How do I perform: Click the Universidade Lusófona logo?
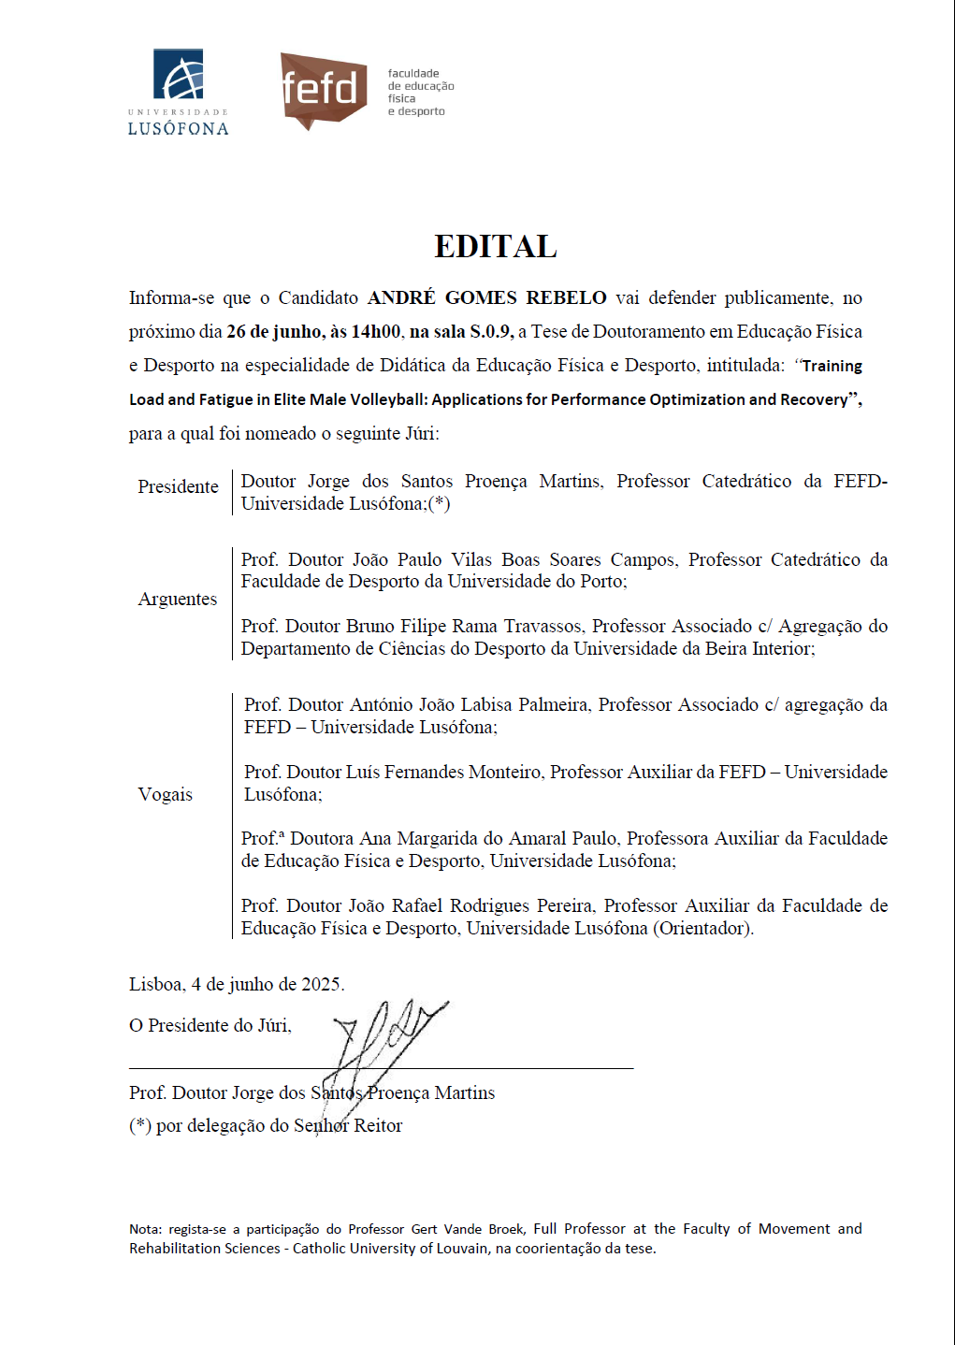(178, 93)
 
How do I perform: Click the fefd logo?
(324, 90)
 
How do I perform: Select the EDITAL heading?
(496, 247)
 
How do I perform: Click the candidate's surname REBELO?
(566, 298)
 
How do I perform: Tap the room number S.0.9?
(490, 332)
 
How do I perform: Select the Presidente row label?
(178, 487)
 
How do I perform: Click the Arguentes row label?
(178, 600)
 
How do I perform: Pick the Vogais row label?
(166, 795)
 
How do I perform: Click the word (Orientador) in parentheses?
(703, 929)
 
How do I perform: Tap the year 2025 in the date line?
(322, 985)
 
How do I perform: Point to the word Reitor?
(378, 1126)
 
